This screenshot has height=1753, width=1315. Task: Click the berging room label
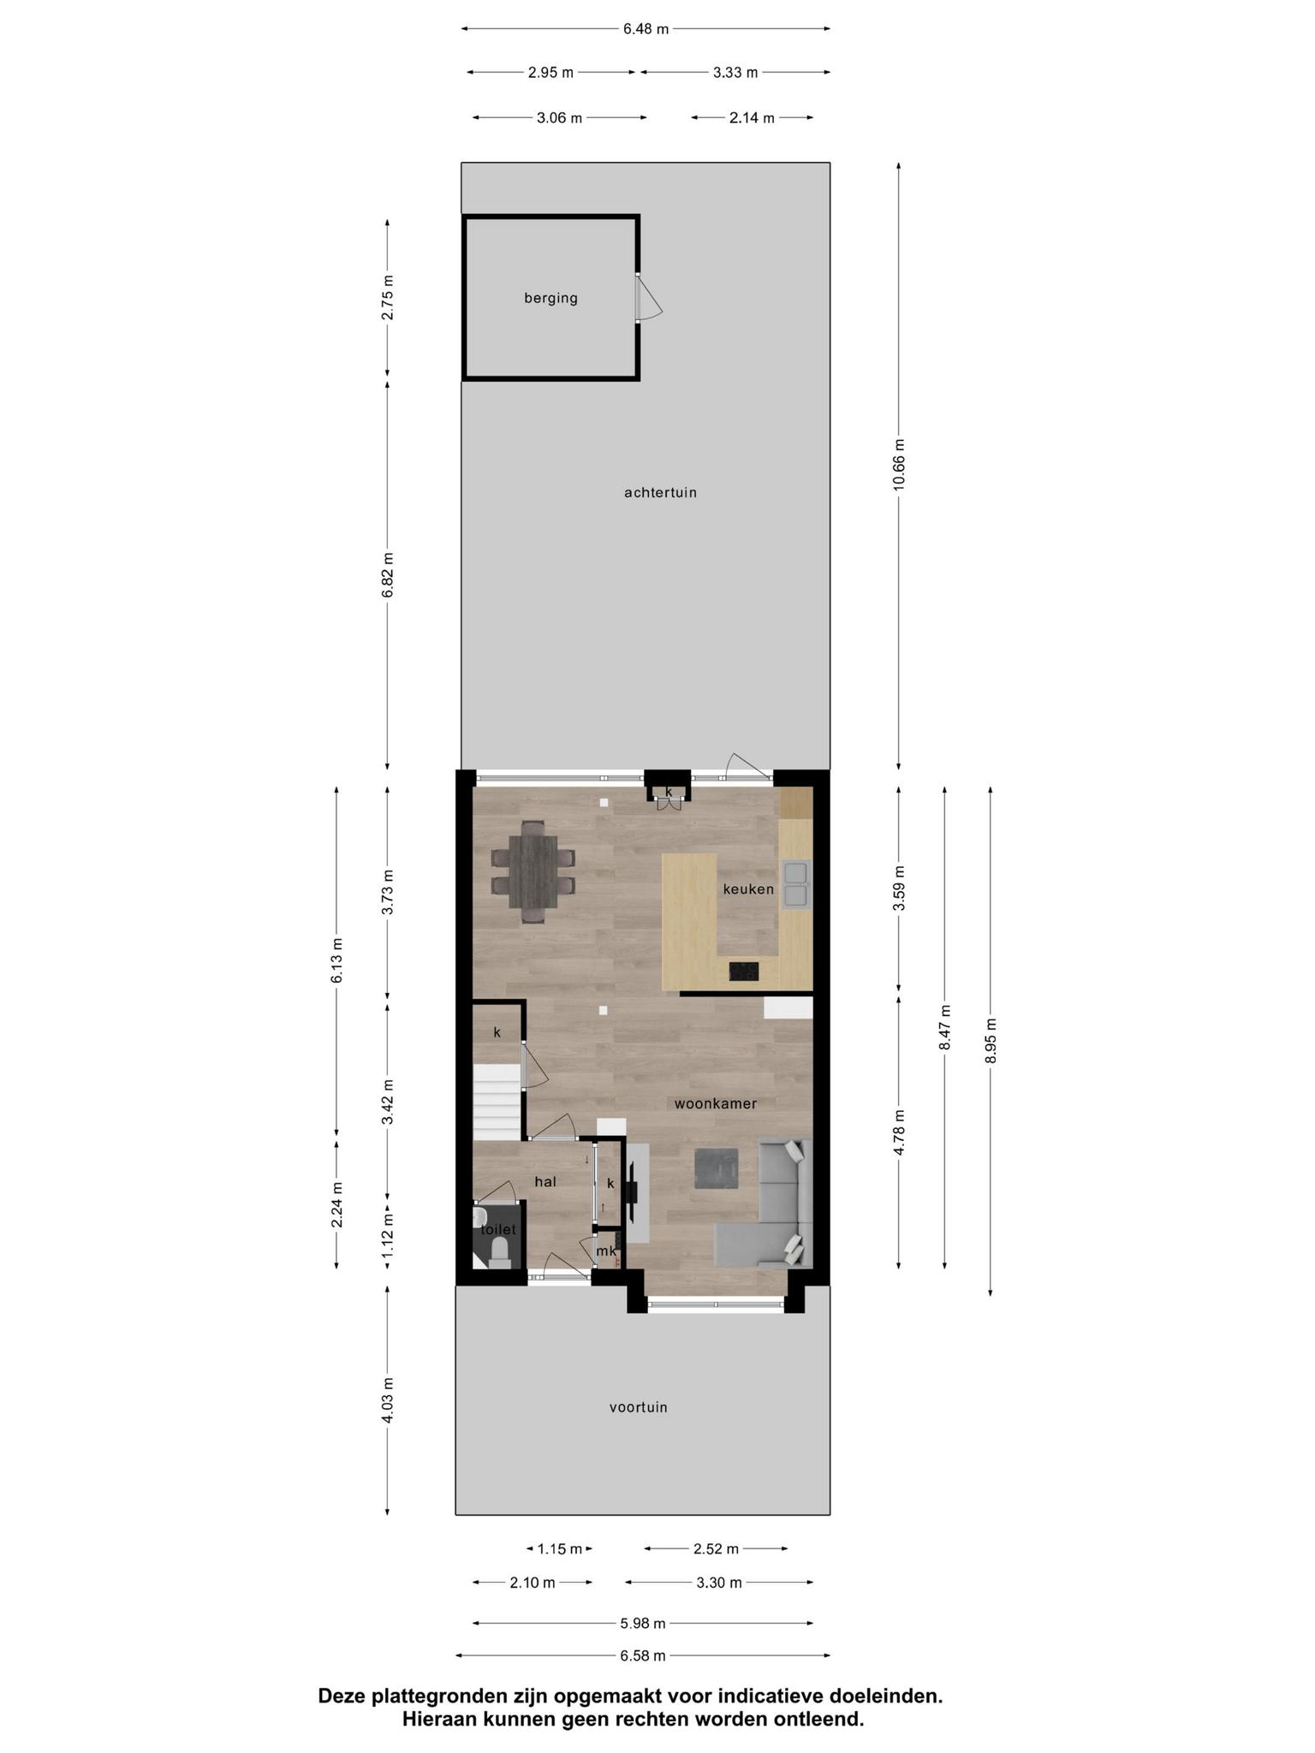pos(550,298)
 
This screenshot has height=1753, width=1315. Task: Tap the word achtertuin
pos(660,492)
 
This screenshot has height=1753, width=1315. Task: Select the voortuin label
pos(638,1406)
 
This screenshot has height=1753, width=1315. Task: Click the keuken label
pos(748,888)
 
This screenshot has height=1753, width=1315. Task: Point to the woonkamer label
pos(716,1103)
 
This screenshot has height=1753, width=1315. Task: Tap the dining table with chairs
pos(533,871)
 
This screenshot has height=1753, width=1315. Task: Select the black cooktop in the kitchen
pos(743,972)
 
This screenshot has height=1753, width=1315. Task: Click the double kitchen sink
pos(795,884)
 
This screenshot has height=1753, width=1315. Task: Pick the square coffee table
pos(717,1168)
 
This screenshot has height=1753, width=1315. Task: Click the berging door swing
pos(648,297)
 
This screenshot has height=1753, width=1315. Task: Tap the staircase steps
pos(497,1102)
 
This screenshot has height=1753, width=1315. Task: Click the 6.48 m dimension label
pos(646,28)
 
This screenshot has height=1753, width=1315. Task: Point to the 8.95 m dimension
pos(991,1040)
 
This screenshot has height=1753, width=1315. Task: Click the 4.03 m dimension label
pos(388,1399)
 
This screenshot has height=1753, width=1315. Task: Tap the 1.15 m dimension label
pos(560,1548)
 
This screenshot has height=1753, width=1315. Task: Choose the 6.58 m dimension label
pos(643,1655)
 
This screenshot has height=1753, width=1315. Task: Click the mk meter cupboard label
pos(606,1251)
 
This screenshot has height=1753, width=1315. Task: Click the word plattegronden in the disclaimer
pos(447,1697)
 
